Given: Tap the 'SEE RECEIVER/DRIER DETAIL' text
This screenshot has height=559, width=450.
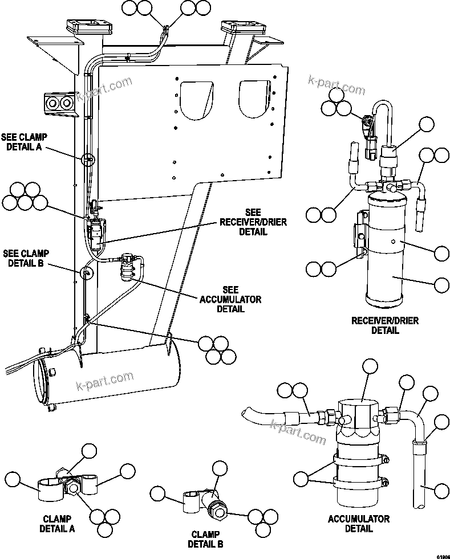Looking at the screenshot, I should point(245,222).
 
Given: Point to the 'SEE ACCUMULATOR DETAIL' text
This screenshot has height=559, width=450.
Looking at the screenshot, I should point(230,299).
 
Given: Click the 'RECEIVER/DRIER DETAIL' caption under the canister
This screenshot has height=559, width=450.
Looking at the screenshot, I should point(385,325).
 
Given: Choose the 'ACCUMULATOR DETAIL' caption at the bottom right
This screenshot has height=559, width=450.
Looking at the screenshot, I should point(359,524).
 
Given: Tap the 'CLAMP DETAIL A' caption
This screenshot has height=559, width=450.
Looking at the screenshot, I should point(56,524).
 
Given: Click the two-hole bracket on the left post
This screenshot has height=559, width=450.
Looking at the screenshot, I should point(58,103).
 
